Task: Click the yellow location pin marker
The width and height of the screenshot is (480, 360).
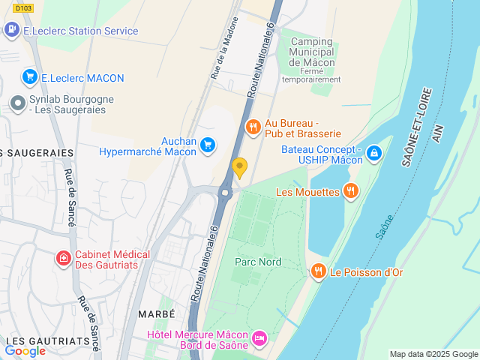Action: click(x=239, y=167)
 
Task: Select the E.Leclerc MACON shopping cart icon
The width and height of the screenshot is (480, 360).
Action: click(x=30, y=76)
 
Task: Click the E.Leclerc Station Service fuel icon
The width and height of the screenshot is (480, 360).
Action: click(x=11, y=31)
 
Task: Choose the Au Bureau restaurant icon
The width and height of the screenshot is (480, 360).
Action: click(x=253, y=127)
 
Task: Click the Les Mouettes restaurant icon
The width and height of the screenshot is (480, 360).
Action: click(x=349, y=191)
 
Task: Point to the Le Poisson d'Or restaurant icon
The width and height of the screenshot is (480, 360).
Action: click(x=318, y=271)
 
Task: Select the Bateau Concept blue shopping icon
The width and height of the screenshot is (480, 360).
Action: click(x=373, y=154)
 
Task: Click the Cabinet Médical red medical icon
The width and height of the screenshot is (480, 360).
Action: click(x=64, y=259)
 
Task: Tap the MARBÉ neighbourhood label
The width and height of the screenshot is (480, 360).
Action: click(x=156, y=313)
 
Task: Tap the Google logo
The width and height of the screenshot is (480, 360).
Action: click(x=25, y=350)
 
